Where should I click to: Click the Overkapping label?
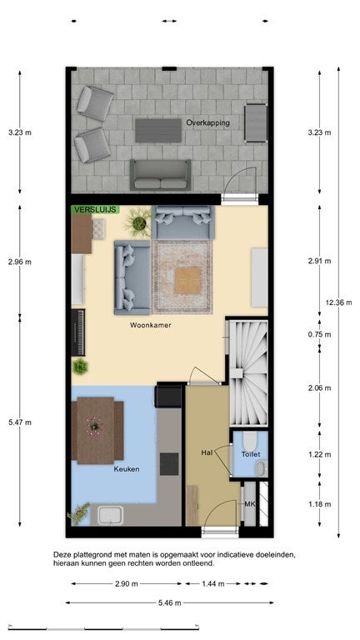click(x=207, y=122)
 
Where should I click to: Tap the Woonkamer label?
click(x=150, y=325)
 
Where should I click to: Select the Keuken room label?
click(x=126, y=469)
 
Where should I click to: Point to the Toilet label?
click(x=251, y=454)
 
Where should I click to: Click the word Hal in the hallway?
click(x=207, y=452)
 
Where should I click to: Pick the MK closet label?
click(x=249, y=504)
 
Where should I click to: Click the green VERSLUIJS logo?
click(x=96, y=209)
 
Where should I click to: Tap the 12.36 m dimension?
click(x=339, y=302)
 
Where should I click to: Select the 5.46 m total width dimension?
click(x=169, y=602)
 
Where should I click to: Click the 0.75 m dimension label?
click(x=320, y=334)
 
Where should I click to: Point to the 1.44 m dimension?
click(x=213, y=583)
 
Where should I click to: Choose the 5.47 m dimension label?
click(x=20, y=422)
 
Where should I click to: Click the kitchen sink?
click(x=111, y=515)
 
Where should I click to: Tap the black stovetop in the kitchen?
click(x=169, y=464)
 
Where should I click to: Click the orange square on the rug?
click(x=187, y=281)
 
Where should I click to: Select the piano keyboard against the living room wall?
click(x=78, y=332)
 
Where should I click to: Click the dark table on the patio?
click(x=158, y=131)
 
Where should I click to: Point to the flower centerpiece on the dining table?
click(x=95, y=426)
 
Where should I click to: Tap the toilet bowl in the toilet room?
click(x=250, y=442)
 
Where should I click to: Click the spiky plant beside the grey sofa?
click(x=139, y=222)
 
